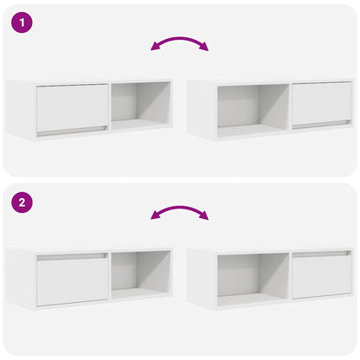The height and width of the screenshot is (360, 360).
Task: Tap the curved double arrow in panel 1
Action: [179, 41]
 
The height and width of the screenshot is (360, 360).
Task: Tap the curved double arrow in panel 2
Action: [179, 210]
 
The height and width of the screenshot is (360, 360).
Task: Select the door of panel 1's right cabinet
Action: [321, 104]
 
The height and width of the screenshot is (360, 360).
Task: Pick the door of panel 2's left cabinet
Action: [72, 280]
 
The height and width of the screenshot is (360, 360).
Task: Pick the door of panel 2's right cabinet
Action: [321, 276]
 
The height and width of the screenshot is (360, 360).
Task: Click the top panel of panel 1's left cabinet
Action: [87, 80]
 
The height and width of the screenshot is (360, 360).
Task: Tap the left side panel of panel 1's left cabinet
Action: [19, 108]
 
